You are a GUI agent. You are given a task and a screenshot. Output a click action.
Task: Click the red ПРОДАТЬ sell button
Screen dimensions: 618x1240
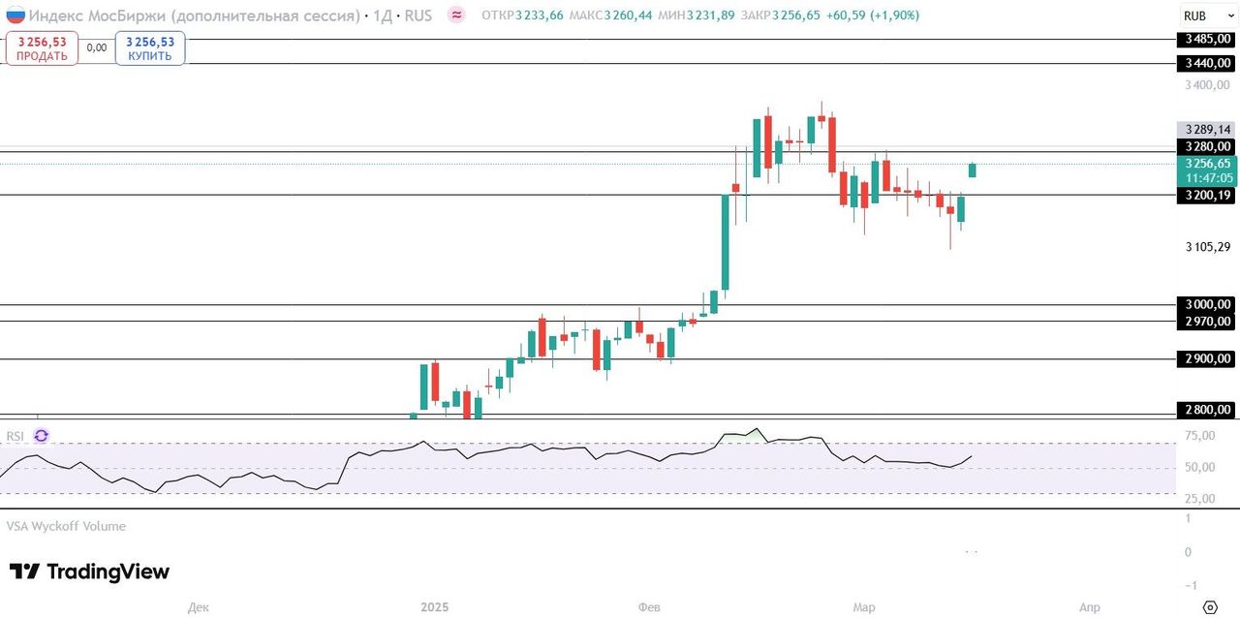(42, 48)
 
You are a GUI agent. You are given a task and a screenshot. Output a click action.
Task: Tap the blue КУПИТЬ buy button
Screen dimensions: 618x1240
(150, 48)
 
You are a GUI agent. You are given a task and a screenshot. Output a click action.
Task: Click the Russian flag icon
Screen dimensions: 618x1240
(15, 15)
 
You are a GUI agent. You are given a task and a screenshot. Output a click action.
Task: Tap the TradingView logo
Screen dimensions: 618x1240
(90, 572)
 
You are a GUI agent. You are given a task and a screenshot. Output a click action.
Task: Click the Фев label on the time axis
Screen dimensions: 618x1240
(649, 607)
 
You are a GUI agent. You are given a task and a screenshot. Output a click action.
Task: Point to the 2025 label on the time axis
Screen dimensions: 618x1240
(435, 607)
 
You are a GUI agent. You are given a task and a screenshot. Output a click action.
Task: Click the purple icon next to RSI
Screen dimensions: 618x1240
(41, 437)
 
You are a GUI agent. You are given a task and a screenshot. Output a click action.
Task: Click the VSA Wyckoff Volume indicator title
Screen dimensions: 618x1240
(66, 526)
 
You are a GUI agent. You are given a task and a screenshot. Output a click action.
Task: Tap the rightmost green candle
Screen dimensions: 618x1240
(973, 170)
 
